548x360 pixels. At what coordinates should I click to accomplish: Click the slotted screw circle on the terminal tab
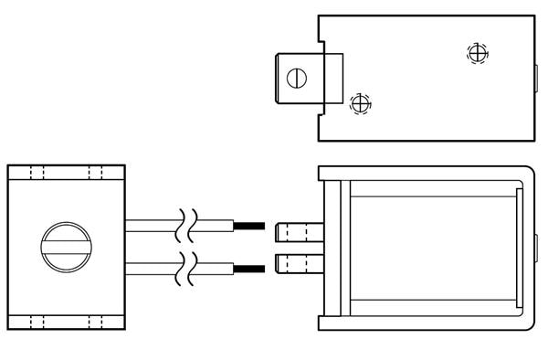click(x=294, y=78)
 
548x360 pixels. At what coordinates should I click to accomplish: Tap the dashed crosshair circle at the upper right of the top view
click(x=476, y=52)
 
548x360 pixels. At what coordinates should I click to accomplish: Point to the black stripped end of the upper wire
click(x=249, y=226)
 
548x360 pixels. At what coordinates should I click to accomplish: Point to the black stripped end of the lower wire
click(x=249, y=268)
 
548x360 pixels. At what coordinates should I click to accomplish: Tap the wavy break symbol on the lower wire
click(x=187, y=267)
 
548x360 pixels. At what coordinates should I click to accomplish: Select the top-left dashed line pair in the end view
click(x=37, y=173)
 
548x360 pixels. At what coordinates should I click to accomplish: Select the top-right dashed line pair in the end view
click(x=95, y=173)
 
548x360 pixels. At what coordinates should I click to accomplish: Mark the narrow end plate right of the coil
click(x=520, y=247)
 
